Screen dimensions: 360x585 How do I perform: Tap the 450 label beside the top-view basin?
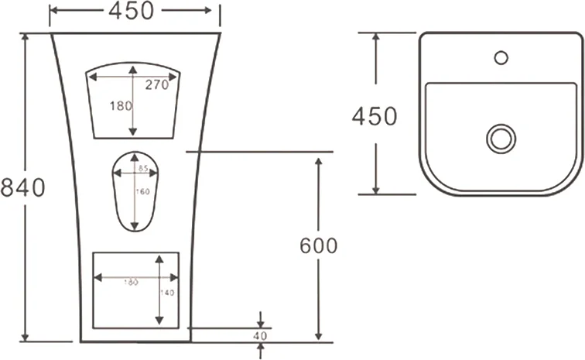coord(375,115)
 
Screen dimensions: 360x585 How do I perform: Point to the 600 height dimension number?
coord(318,245)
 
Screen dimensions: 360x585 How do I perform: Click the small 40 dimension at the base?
coord(259,336)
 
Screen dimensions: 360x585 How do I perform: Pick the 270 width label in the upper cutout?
coord(156,86)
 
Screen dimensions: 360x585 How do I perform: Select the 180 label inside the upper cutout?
coord(120,107)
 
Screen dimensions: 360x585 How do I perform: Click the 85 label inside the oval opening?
coord(142,168)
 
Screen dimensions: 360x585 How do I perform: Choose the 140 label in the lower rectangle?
coord(166,293)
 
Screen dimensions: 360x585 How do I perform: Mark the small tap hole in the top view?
coord(501,57)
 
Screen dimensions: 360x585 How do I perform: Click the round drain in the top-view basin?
coord(501,139)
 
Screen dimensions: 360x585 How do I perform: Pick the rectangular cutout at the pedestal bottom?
coord(136,290)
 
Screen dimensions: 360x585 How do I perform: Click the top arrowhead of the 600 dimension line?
coord(318,159)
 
